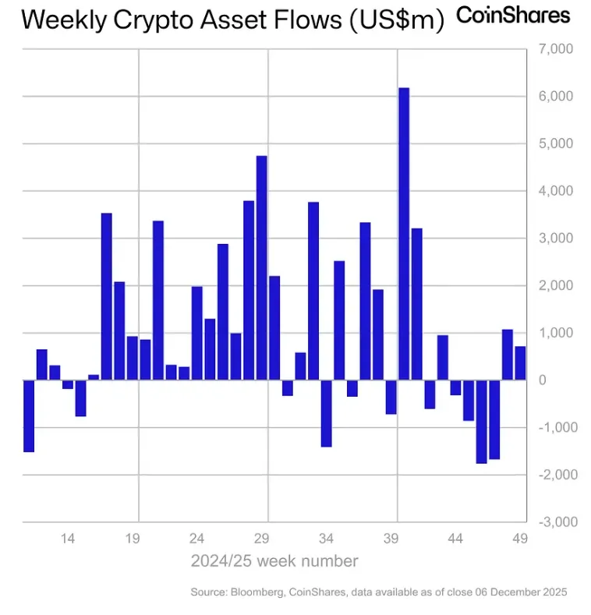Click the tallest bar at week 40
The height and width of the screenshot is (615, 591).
(x=404, y=234)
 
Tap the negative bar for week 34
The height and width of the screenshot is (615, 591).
(x=327, y=413)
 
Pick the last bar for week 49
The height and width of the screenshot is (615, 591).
(x=520, y=363)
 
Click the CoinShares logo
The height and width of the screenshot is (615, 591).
(x=513, y=15)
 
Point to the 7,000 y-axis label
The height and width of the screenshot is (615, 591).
(x=556, y=49)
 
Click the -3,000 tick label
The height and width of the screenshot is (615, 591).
(x=554, y=521)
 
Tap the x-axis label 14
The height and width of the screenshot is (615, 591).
(x=68, y=538)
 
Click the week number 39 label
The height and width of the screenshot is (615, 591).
(x=391, y=538)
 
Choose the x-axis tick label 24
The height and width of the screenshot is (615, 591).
(x=197, y=538)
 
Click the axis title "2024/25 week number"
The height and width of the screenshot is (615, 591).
(x=274, y=560)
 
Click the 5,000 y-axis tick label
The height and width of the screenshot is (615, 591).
(x=556, y=143)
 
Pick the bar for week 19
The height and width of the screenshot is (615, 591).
(x=133, y=358)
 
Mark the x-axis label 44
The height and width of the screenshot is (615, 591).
(x=456, y=538)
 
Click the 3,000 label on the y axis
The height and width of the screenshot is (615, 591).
(x=556, y=238)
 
